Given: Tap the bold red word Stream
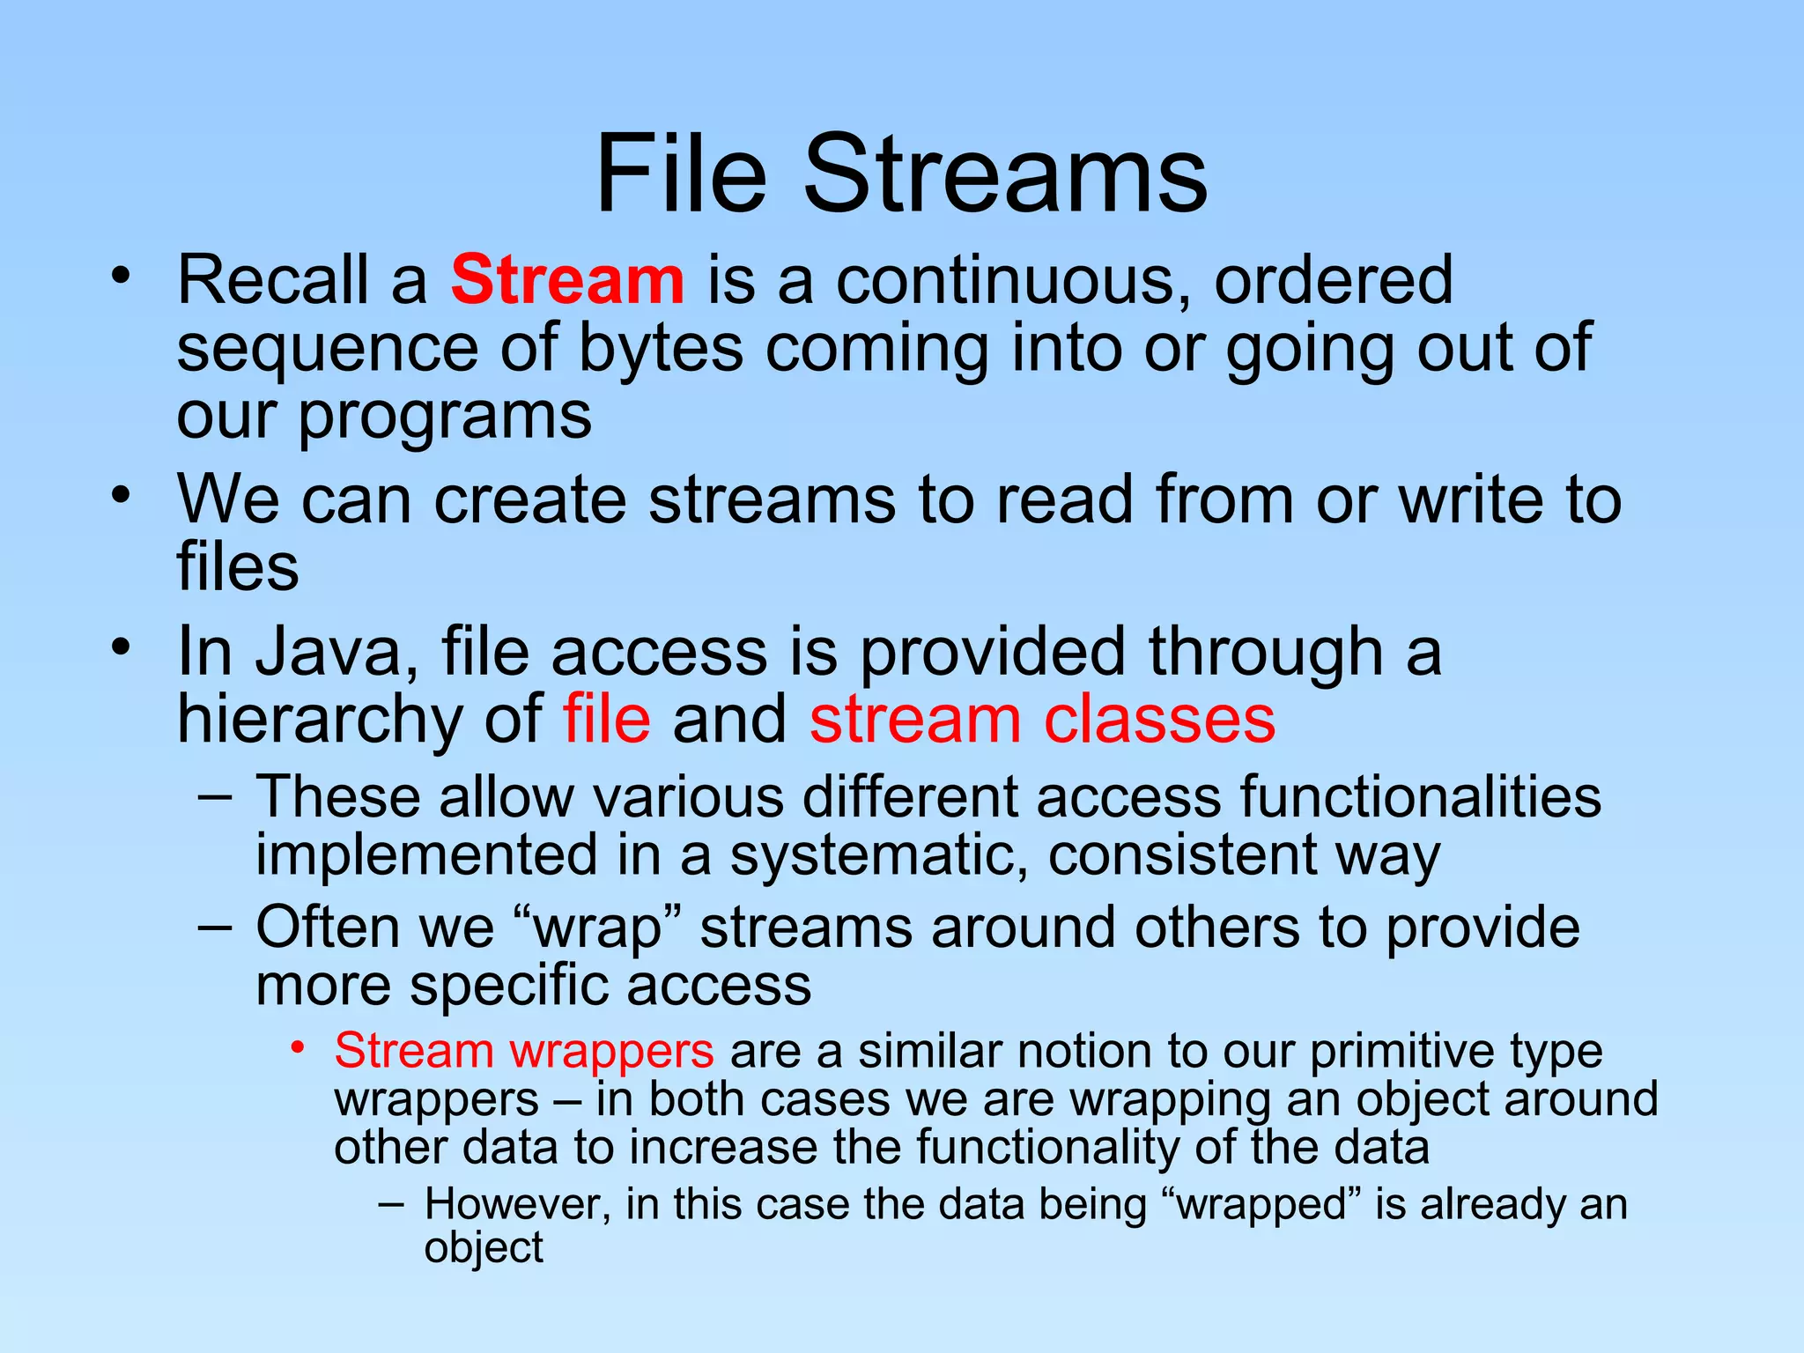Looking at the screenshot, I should pos(567,280).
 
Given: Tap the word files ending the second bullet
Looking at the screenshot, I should pos(238,566).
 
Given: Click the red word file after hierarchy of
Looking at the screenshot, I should pos(607,719).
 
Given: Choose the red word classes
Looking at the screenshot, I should pos(1159,719).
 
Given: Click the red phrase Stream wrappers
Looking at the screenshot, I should pos(524,1052).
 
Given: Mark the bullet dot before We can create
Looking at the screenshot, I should pos(121,494).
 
